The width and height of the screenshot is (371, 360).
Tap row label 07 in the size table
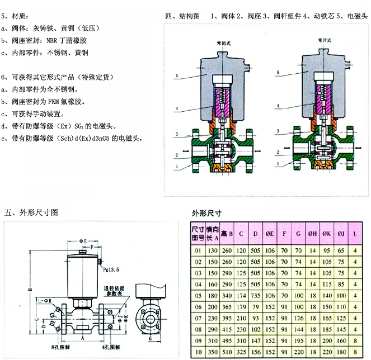pos(196,318)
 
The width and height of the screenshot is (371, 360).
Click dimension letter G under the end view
pos(152,339)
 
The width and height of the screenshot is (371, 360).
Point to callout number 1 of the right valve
pos(277,164)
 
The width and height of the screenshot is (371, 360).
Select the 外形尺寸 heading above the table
pos(206,214)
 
